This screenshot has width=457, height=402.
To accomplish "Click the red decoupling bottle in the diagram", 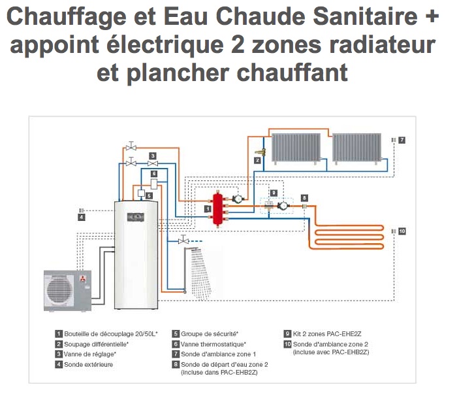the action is (x=216, y=209).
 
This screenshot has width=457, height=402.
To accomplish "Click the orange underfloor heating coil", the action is (x=346, y=235).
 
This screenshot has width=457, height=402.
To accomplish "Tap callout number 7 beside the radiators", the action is (x=402, y=140).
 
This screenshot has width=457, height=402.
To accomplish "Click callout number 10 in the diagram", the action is (x=402, y=231).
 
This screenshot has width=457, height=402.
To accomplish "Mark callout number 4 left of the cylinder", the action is (x=81, y=217).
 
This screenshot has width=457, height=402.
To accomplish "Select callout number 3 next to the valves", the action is (x=151, y=156).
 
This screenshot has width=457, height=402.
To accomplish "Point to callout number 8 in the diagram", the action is (x=304, y=197).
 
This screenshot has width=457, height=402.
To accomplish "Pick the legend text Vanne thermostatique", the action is (x=213, y=344).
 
